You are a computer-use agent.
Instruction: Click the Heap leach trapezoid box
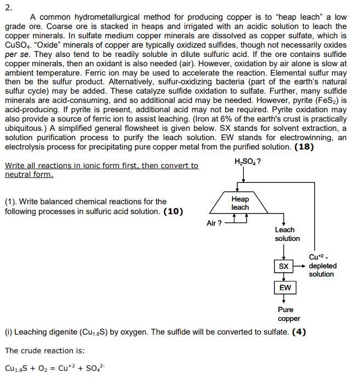pyautogui.click(x=240, y=203)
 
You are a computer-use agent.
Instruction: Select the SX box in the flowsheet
pyautogui.click(x=283, y=266)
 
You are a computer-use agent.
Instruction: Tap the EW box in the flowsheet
pyautogui.click(x=285, y=288)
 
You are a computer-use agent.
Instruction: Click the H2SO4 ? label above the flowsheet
pyautogui.click(x=247, y=162)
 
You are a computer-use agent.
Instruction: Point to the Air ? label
pyautogui.click(x=214, y=223)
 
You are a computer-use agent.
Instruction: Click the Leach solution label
pyautogui.click(x=287, y=234)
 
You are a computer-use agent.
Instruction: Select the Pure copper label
pyautogui.click(x=289, y=314)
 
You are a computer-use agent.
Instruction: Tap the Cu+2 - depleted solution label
pyautogui.click(x=322, y=265)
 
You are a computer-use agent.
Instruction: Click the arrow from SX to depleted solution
pyautogui.click(x=300, y=266)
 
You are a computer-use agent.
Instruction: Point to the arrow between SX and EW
pyautogui.click(x=284, y=277)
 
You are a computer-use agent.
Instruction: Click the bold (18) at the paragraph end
pyautogui.click(x=304, y=147)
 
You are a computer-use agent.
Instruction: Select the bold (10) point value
pyautogui.click(x=174, y=211)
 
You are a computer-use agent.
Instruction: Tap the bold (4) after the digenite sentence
pyautogui.click(x=299, y=332)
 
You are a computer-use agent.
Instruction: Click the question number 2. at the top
pyautogui.click(x=8, y=7)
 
